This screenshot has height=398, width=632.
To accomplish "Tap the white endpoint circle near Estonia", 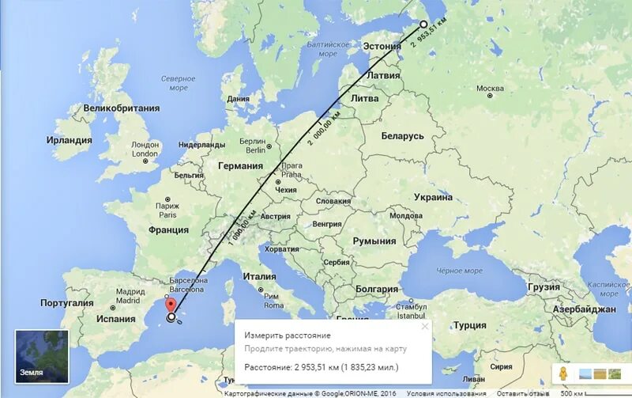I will tap(423, 25).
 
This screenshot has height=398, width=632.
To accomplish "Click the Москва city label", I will tap(490, 88).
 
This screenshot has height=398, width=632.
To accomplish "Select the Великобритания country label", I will tap(122, 108).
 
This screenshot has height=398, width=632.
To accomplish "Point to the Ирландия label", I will tap(69, 140).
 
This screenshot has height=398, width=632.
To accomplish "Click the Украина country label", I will tap(433, 197).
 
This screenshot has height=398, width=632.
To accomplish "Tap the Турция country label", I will tap(470, 325).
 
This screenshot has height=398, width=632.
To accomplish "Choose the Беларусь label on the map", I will tap(403, 136).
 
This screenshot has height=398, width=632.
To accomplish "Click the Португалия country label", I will tap(67, 303).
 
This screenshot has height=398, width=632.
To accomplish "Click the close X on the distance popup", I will tap(424, 326).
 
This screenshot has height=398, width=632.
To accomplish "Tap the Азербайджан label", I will tap(585, 309).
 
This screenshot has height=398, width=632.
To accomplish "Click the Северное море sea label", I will tap(178, 82).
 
